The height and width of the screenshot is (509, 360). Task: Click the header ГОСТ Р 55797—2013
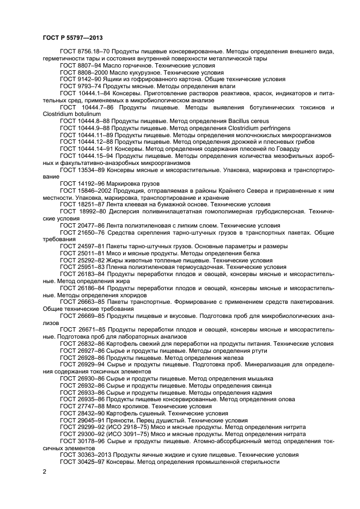(68, 39)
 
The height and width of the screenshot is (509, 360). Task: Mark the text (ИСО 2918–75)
(130, 427)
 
